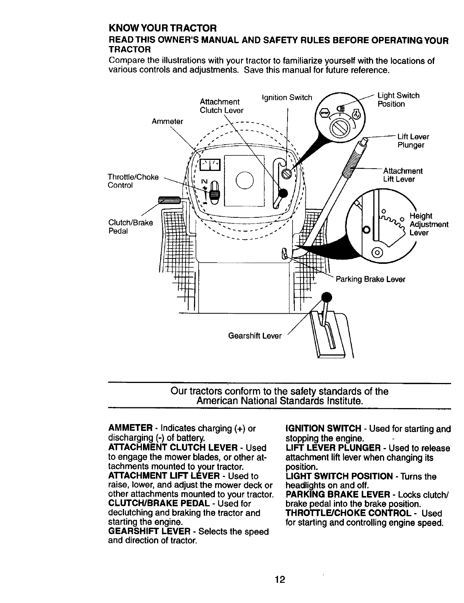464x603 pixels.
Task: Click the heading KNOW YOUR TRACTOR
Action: click(x=162, y=28)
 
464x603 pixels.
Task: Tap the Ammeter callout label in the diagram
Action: click(x=167, y=121)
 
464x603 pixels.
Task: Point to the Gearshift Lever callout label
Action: click(x=255, y=336)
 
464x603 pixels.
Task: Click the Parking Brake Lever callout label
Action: click(x=370, y=279)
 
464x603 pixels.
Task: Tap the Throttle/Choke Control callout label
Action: click(x=133, y=181)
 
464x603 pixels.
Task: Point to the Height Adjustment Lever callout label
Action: click(x=429, y=225)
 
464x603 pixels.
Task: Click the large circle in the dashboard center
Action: click(x=244, y=180)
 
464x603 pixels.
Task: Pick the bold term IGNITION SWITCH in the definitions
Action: click(x=323, y=429)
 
